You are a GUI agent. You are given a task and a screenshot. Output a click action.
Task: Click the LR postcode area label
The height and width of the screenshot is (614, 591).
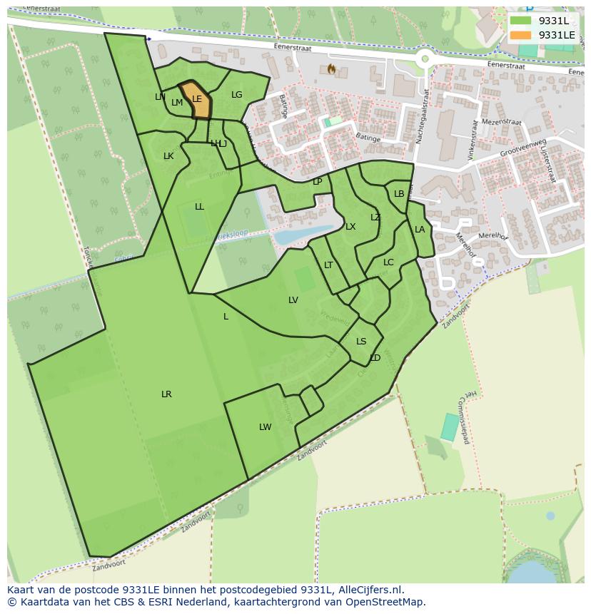[x=166, y=394]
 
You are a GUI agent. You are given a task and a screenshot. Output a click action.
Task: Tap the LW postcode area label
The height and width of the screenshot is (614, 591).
[x=266, y=427]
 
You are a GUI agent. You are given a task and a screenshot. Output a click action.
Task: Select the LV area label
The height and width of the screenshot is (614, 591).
[x=293, y=300]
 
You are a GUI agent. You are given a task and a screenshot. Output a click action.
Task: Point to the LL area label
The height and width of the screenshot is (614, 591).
[x=199, y=207]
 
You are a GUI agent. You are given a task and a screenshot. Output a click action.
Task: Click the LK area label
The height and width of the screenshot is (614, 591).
[x=168, y=156]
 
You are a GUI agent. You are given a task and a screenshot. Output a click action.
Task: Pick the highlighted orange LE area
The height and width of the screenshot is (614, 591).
[x=198, y=101]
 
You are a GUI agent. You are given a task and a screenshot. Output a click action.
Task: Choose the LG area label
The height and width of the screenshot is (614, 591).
[x=237, y=95]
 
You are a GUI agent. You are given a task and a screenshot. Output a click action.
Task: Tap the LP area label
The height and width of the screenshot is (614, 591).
[x=318, y=182]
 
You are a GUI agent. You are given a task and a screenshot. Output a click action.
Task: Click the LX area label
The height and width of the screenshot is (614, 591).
[x=350, y=227]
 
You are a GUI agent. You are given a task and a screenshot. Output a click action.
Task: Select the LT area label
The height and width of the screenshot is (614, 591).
[x=328, y=265]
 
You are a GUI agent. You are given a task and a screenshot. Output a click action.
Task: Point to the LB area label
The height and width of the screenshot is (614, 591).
[x=399, y=194]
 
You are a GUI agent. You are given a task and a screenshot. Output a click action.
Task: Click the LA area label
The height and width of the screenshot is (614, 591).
[x=420, y=230]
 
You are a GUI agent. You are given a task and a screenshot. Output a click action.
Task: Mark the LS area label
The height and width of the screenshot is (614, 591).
[x=361, y=342]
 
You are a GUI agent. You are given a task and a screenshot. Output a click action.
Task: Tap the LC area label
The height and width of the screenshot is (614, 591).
[x=388, y=262]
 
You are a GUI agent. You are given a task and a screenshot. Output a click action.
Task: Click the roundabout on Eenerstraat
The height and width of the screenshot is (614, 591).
[x=425, y=59]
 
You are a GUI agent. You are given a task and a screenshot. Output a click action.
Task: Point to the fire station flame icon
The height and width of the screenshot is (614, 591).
[x=331, y=68]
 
